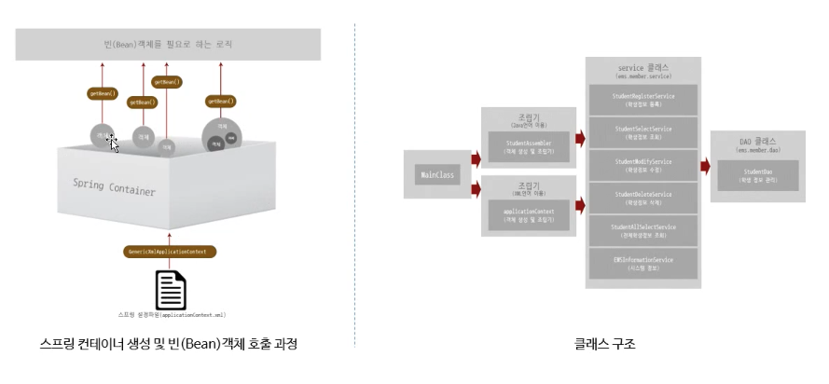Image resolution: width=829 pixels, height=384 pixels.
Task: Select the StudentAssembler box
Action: pos(529,144)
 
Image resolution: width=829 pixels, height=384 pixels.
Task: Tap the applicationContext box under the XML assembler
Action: pos(529,216)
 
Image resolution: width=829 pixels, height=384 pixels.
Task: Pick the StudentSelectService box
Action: pos(643,131)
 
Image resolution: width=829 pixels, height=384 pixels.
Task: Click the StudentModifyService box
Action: pos(643,165)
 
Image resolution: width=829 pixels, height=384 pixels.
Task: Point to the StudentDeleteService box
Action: pos(643,198)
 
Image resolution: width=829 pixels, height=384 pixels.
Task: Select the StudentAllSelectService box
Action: pos(643,230)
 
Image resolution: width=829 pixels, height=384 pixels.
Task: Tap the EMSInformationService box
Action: pos(643,263)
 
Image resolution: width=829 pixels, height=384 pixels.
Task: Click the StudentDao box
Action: pos(757,174)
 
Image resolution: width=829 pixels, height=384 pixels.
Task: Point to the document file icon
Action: pos(170,290)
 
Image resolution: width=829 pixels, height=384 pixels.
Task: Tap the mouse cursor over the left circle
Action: pos(113,143)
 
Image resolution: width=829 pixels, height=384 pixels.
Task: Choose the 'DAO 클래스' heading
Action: pos(757,142)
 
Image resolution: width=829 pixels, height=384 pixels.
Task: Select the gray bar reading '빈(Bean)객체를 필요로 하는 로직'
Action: pos(169,44)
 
